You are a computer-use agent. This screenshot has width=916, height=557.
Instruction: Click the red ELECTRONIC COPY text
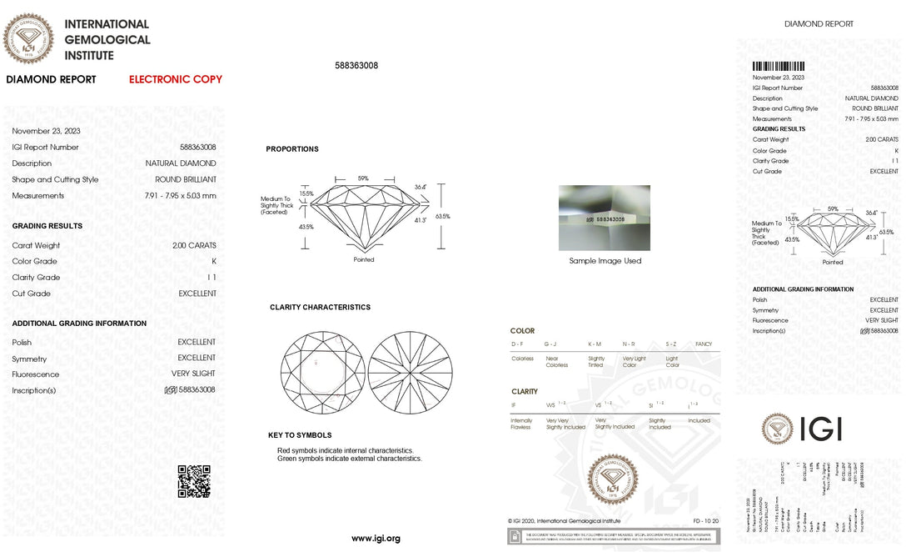(176, 79)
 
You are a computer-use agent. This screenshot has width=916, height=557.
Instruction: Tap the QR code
(194, 481)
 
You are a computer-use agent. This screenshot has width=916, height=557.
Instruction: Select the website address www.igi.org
(376, 539)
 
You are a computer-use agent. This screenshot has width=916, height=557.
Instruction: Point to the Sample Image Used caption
(605, 261)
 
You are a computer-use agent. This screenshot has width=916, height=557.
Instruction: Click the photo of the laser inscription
(604, 218)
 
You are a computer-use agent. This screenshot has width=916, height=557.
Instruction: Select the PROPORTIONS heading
(292, 149)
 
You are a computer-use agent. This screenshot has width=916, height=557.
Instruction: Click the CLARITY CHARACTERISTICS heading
(320, 307)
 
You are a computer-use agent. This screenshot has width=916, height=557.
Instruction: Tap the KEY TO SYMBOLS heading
(300, 435)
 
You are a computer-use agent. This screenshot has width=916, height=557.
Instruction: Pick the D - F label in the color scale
(517, 344)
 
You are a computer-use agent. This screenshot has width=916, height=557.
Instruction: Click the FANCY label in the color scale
(703, 344)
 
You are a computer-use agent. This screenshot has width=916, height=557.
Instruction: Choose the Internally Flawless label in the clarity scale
(521, 424)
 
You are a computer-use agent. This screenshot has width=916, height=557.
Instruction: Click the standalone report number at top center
(356, 65)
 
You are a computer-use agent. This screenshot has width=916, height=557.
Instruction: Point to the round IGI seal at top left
(29, 39)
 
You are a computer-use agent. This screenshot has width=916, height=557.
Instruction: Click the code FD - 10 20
(704, 520)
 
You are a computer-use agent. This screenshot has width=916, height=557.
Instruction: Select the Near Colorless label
(556, 362)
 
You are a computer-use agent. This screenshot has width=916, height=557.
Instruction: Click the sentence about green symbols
(350, 459)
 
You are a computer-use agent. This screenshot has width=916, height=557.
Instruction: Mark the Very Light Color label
(634, 362)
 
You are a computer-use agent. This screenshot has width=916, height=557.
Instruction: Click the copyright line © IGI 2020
(564, 520)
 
